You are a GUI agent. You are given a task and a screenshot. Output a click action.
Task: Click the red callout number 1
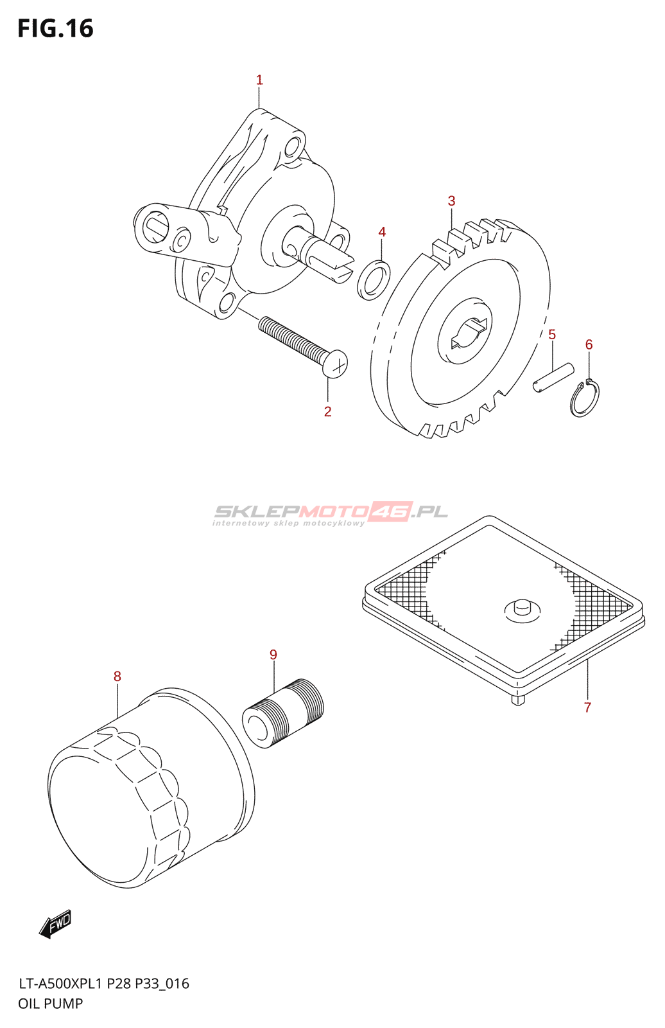[259, 80]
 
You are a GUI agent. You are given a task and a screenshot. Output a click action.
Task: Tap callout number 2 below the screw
[328, 412]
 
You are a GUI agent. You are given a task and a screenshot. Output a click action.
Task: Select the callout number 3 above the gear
[451, 201]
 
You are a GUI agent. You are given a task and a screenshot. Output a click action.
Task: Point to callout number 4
[382, 232]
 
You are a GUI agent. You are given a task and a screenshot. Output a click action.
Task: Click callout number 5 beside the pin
[552, 335]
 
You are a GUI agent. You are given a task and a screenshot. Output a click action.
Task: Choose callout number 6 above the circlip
[589, 345]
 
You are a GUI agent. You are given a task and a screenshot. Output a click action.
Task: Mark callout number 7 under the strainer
[587, 707]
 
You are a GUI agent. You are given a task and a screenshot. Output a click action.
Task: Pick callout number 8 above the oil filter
[117, 677]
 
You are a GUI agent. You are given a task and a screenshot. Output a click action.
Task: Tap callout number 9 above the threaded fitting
[273, 655]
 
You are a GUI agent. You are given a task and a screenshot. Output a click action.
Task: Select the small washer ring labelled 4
[374, 280]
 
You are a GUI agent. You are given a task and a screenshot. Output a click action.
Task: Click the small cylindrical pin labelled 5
[553, 377]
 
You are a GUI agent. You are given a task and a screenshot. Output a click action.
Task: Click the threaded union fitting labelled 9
[283, 713]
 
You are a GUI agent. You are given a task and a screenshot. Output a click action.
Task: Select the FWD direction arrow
[55, 924]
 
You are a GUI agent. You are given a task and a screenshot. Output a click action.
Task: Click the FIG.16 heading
[56, 29]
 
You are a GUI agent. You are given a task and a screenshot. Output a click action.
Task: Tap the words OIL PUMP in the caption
[51, 1004]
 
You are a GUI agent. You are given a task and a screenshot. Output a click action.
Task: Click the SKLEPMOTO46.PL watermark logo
[331, 513]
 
